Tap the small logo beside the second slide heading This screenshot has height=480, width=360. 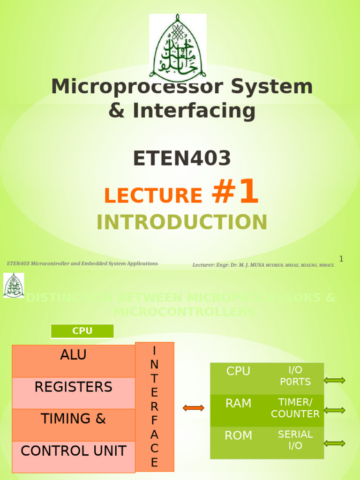(x=14, y=285)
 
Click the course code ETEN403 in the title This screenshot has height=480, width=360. (x=182, y=158)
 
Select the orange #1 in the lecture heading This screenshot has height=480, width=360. (x=235, y=193)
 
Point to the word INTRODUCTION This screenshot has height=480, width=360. (x=182, y=222)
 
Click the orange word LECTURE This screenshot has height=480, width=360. (x=153, y=195)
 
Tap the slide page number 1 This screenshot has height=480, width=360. (x=341, y=259)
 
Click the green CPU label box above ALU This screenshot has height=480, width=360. (x=82, y=331)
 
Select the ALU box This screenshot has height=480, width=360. (x=73, y=361)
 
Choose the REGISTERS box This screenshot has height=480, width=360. (x=73, y=393)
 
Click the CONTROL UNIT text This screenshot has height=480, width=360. (x=73, y=451)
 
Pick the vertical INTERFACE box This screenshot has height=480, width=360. (x=154, y=406)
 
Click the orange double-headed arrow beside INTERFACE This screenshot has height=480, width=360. (x=193, y=408)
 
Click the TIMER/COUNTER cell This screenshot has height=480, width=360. (x=295, y=408)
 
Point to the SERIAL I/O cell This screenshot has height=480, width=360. (x=295, y=440)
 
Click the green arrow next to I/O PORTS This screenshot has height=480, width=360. (x=335, y=380)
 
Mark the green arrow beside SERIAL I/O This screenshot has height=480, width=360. (x=335, y=443)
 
